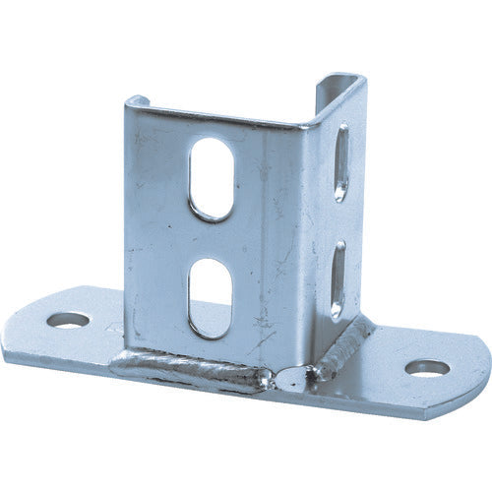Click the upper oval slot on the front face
(x=212, y=177)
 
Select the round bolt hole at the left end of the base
(x=68, y=320)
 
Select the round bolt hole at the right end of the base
(x=427, y=368)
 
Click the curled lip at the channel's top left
(x=137, y=100)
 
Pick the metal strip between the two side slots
(x=339, y=220)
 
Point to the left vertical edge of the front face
(x=127, y=226)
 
